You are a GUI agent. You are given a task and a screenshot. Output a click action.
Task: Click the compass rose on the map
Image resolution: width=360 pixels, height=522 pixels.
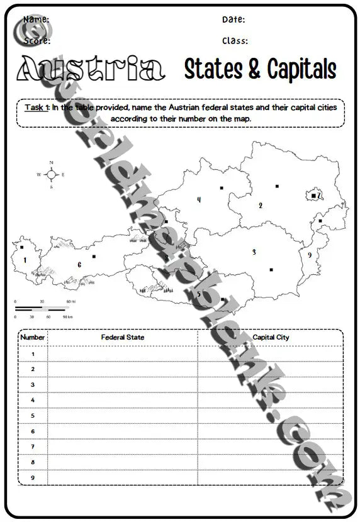click(x=51, y=174)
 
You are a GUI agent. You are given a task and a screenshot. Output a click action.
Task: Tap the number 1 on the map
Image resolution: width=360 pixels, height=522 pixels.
click(x=25, y=260)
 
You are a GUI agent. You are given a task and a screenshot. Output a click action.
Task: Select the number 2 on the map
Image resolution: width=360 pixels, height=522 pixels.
click(x=261, y=206)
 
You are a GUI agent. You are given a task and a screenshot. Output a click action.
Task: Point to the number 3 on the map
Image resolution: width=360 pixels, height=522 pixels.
click(x=254, y=252)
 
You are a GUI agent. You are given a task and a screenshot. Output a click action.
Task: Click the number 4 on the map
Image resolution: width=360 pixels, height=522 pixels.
click(x=199, y=200)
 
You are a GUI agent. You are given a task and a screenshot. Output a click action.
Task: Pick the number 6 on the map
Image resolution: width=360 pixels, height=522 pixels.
click(x=79, y=265)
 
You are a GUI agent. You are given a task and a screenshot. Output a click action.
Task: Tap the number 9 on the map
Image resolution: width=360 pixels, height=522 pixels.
click(x=309, y=255)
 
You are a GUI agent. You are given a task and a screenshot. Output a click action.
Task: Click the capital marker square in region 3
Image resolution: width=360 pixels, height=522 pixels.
click(x=271, y=269)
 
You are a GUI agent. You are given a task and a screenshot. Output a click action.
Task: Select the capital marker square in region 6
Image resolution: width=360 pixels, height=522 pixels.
click(x=94, y=256)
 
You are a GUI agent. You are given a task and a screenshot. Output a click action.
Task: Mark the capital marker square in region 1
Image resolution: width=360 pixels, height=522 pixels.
click(x=22, y=247)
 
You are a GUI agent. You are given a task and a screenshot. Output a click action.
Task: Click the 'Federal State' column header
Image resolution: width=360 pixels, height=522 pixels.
click(x=123, y=338)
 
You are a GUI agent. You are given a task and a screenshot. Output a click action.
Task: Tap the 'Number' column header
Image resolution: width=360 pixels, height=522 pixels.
click(x=33, y=338)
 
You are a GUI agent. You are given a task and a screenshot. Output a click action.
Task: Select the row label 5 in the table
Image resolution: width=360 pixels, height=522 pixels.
click(x=33, y=416)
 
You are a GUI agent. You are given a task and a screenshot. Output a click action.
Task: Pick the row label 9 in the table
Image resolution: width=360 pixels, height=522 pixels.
click(x=33, y=477)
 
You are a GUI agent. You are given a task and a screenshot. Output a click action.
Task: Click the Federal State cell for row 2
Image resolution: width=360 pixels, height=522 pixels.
click(x=123, y=369)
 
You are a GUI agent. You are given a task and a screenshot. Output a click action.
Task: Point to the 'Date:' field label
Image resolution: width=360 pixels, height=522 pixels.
click(x=233, y=20)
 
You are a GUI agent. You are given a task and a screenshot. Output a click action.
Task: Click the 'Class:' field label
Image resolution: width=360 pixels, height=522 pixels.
click(x=235, y=41)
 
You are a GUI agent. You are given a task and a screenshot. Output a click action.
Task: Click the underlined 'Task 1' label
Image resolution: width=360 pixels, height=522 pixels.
click(x=37, y=108)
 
